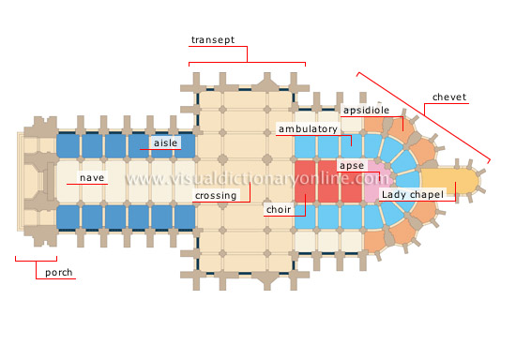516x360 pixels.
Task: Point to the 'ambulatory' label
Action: (x=307, y=127)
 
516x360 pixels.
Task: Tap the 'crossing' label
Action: (x=215, y=196)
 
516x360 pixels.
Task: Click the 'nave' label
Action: (x=92, y=176)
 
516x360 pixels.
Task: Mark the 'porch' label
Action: (x=58, y=274)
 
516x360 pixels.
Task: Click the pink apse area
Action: (x=376, y=180)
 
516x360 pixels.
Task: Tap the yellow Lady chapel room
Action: (x=445, y=181)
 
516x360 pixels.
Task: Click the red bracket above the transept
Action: (x=248, y=63)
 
